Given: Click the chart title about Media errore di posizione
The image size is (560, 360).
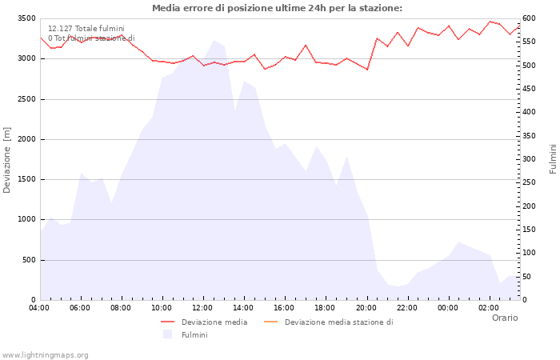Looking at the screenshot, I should (277, 8).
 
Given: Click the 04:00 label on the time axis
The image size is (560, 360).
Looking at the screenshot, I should (39, 307).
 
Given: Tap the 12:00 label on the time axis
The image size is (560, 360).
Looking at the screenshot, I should (202, 307).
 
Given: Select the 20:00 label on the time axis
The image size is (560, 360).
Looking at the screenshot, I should (366, 307).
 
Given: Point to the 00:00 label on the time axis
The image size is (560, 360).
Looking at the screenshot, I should (447, 307).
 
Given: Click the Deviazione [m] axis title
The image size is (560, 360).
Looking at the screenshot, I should (7, 160).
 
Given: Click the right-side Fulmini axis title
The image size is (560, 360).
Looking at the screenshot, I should (553, 159).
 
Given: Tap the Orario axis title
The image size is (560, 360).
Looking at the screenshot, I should (504, 318).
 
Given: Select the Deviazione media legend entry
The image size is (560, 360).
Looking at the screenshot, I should (214, 322).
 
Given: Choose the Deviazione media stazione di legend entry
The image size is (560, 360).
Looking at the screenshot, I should (338, 322).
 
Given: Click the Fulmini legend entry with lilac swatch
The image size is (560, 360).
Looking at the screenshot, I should (194, 335).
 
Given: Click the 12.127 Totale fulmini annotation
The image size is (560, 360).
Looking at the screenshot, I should (86, 28).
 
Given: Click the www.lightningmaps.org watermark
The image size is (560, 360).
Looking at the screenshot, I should (46, 354).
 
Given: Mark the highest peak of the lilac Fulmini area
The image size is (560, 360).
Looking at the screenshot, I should (214, 40).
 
